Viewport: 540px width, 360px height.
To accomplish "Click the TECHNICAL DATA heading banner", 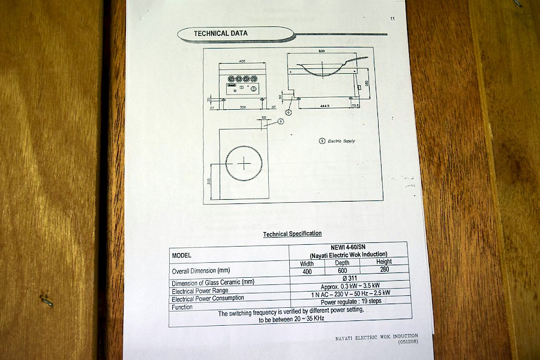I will coord(221,34).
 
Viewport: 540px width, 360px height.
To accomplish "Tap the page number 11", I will coord(392,19).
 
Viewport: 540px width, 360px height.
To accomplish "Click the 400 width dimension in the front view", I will coord(242,61).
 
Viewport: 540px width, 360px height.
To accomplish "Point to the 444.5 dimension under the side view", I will coord(324,106).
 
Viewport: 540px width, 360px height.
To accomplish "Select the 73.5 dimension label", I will coord(355,106).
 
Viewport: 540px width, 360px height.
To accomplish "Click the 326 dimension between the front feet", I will coord(242,108).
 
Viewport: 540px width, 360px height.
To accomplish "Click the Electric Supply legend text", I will coord(341,141).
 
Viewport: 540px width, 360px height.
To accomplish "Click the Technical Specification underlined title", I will coord(292,233).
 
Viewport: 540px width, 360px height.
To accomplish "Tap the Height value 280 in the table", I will coord(385,269).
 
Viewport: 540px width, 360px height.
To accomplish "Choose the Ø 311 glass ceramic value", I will coord(349,278).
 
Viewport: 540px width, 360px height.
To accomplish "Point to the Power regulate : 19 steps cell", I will coord(350,301).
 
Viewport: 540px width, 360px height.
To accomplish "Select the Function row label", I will coord(182,307).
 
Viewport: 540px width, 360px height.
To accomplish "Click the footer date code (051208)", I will coord(406,341).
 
